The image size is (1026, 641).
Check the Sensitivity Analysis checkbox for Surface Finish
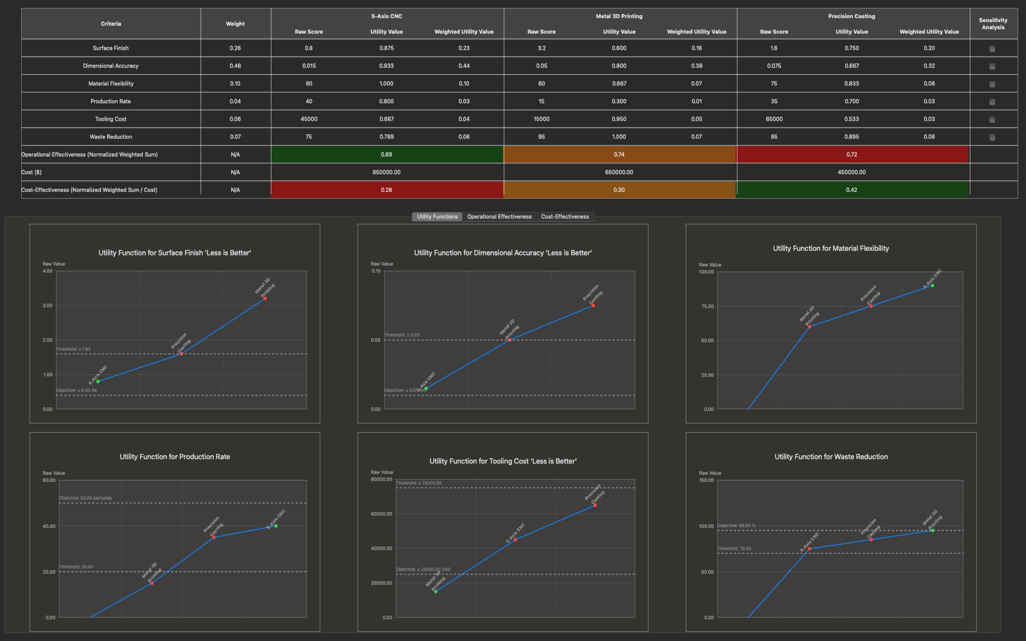tap(992, 49)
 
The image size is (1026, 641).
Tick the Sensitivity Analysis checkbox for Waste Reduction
tap(992, 137)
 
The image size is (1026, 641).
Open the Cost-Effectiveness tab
tap(565, 217)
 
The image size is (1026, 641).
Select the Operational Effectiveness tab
tap(499, 217)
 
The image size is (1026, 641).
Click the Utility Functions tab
tap(437, 217)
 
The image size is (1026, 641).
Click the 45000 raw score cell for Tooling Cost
tap(309, 119)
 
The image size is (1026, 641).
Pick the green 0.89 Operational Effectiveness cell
tap(386, 154)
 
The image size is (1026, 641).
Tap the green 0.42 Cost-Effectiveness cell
tap(852, 190)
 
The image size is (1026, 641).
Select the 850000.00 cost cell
tap(386, 172)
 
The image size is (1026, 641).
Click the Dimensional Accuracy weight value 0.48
tap(235, 66)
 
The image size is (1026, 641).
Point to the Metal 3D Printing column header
tap(619, 16)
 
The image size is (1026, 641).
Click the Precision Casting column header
tap(851, 16)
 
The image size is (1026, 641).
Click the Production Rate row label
tap(111, 101)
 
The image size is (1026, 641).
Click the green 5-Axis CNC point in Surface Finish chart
tap(98, 381)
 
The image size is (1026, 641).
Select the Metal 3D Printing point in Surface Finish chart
tap(265, 298)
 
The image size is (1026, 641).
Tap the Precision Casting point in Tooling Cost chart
tap(595, 505)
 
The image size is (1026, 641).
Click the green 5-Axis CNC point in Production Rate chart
tap(276, 526)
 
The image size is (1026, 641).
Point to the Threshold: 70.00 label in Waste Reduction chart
tap(734, 548)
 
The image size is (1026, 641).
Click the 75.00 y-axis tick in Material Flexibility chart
tap(707, 306)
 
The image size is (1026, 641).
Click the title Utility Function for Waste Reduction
tap(830, 457)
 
